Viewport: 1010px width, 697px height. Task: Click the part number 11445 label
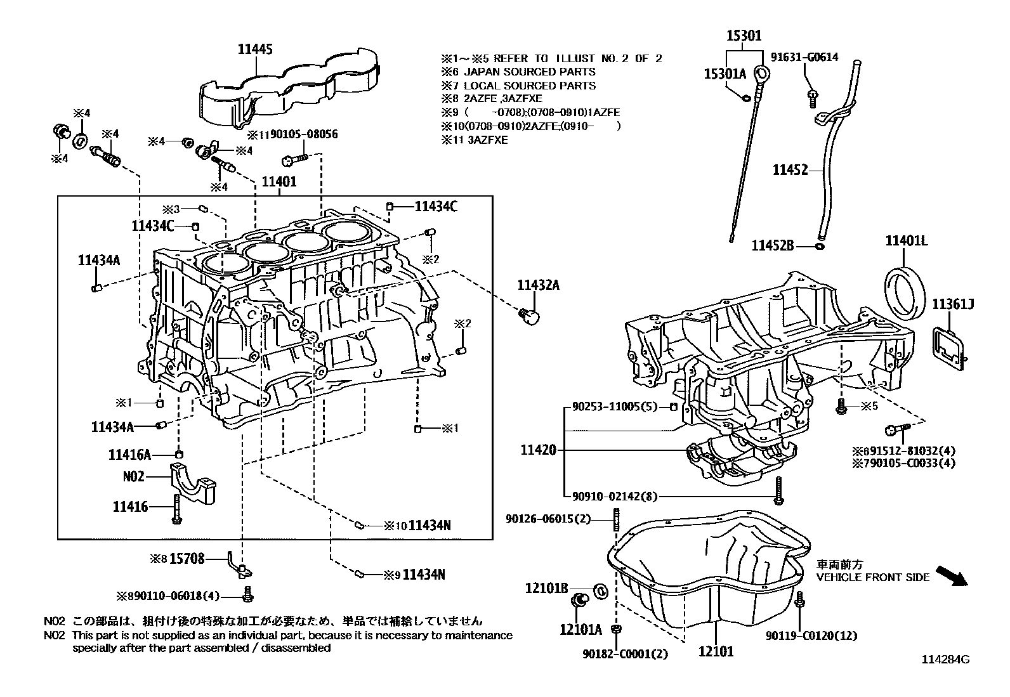[256, 49]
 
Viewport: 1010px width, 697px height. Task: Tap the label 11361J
[952, 305]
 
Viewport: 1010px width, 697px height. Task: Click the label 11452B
[773, 245]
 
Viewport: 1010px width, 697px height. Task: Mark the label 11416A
[129, 455]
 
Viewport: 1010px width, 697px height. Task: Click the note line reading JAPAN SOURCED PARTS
[529, 72]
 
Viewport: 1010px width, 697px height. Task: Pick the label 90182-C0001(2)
[625, 653]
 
